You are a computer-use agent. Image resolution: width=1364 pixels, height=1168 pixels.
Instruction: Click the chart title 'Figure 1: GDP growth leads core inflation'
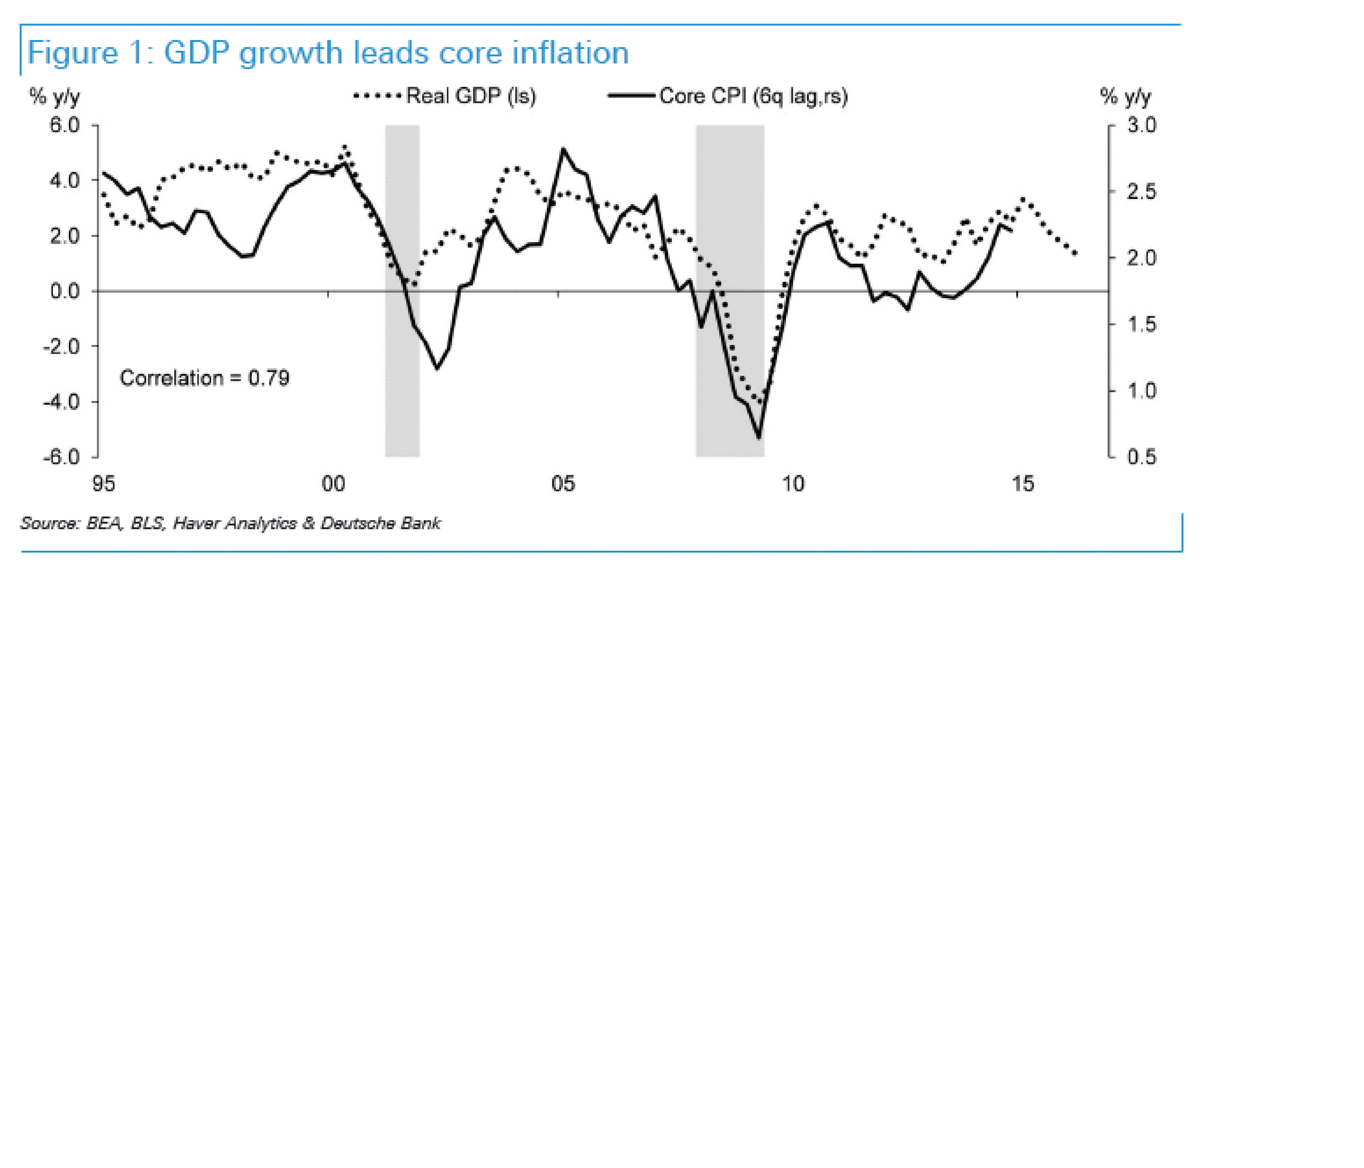[x=328, y=53]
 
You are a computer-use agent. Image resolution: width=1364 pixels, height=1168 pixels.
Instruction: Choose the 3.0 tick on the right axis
[x=1141, y=125]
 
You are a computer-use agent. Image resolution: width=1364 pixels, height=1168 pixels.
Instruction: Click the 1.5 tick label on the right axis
[x=1141, y=324]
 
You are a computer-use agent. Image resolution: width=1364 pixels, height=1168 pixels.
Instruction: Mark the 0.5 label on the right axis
[x=1141, y=456]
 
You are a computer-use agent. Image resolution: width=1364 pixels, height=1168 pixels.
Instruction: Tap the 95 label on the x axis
[x=103, y=484]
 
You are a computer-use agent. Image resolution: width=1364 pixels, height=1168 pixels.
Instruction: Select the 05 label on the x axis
[x=563, y=484]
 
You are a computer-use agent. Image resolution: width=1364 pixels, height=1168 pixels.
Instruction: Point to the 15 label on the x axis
[x=1022, y=484]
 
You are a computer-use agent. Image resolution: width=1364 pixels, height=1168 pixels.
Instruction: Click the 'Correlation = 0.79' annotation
[x=204, y=378]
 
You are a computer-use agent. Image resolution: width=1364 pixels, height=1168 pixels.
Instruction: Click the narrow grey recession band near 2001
[x=402, y=290]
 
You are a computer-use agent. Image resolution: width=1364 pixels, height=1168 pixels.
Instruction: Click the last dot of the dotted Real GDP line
[x=1075, y=253]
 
